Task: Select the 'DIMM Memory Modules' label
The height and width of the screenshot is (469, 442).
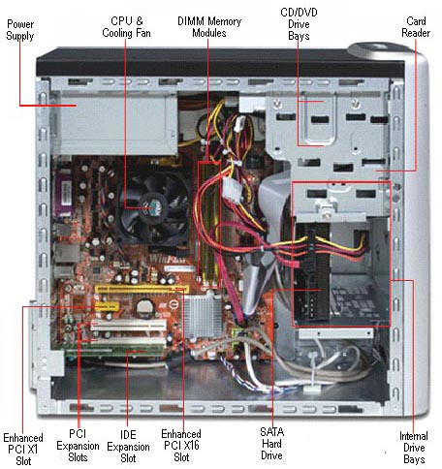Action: point(209,26)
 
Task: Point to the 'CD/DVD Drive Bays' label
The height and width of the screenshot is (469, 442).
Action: point(298,26)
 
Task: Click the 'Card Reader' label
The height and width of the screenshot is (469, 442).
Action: point(417,26)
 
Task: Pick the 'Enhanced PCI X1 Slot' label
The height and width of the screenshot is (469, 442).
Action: point(21,441)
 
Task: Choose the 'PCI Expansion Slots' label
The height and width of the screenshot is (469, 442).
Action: point(79,441)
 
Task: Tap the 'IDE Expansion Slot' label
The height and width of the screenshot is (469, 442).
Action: point(128,441)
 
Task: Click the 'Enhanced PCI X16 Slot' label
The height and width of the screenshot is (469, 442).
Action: point(180,441)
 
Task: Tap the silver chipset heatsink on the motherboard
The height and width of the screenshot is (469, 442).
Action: point(200,315)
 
